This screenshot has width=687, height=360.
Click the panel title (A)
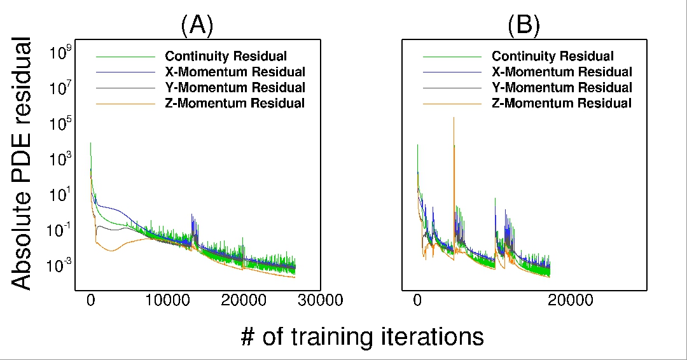click(197, 25)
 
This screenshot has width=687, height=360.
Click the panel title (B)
click(524, 25)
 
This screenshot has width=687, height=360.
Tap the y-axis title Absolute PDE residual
click(22, 163)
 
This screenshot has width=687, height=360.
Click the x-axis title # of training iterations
click(363, 337)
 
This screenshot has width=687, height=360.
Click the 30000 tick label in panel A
click(320, 300)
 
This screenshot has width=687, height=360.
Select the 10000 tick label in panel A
click(167, 300)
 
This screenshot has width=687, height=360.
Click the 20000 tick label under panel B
click(571, 300)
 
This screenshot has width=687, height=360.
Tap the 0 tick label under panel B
click(417, 300)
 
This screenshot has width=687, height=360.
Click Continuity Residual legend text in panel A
click(226, 56)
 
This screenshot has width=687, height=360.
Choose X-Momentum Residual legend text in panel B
click(562, 72)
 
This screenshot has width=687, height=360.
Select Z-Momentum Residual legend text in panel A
click(235, 104)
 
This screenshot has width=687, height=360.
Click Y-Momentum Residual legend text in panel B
click(562, 88)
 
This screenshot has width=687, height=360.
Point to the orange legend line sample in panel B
click(452, 104)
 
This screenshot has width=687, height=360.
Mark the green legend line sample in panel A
click(126, 57)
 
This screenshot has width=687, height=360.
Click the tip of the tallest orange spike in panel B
click(454, 118)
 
